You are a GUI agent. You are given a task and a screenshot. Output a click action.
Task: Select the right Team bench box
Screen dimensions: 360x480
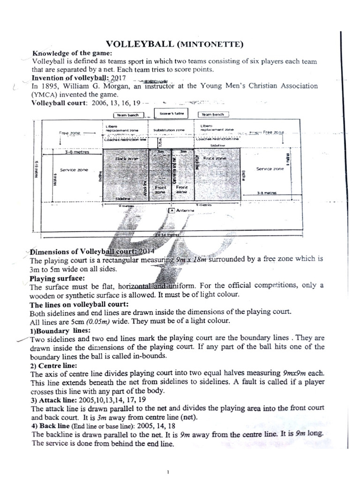coord(213,114)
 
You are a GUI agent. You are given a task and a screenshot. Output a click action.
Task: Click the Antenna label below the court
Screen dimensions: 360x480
coord(186,211)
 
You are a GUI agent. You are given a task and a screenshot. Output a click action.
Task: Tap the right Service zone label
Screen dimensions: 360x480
coord(270,169)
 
